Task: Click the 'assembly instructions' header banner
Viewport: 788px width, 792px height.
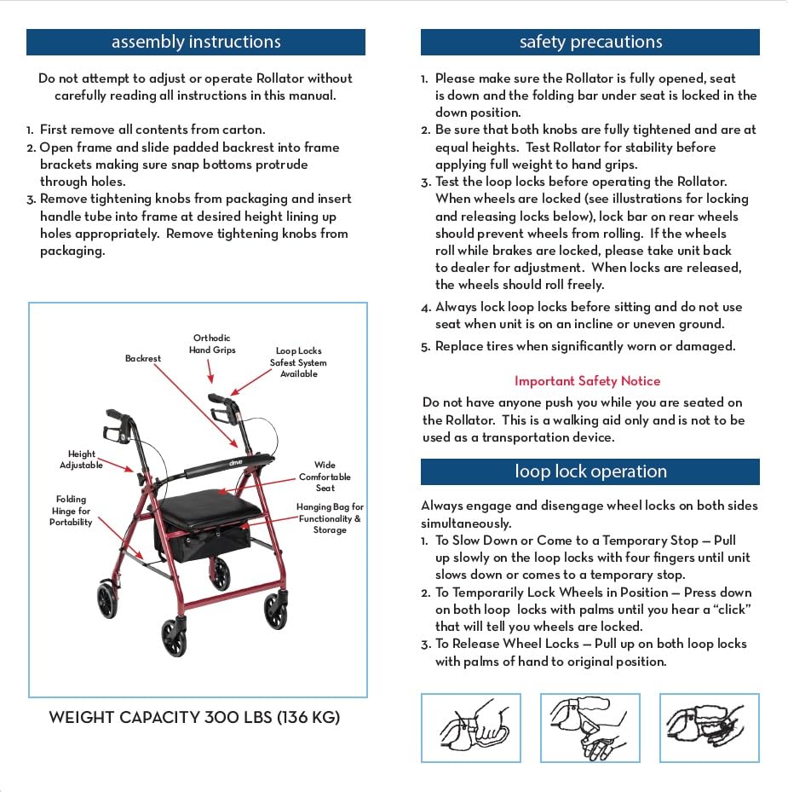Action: click(196, 42)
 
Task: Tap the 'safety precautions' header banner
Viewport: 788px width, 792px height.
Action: click(590, 42)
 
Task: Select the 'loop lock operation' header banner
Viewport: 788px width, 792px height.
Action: click(590, 471)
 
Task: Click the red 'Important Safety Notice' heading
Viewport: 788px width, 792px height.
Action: click(587, 381)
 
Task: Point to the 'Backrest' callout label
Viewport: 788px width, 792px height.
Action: click(143, 359)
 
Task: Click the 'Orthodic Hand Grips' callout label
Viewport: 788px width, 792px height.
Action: click(212, 344)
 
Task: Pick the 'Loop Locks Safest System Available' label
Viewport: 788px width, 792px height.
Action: click(298, 362)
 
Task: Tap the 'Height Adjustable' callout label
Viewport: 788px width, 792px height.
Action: click(82, 460)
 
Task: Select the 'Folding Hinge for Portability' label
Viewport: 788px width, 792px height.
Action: click(71, 511)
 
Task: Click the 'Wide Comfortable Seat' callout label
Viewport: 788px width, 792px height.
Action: click(325, 477)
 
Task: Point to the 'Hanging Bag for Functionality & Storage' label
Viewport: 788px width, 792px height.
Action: click(330, 518)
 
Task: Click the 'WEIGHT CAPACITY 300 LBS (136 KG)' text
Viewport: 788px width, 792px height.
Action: click(194, 717)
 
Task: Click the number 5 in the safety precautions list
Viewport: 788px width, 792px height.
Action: click(425, 347)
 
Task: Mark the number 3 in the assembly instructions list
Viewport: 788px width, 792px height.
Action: click(30, 199)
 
